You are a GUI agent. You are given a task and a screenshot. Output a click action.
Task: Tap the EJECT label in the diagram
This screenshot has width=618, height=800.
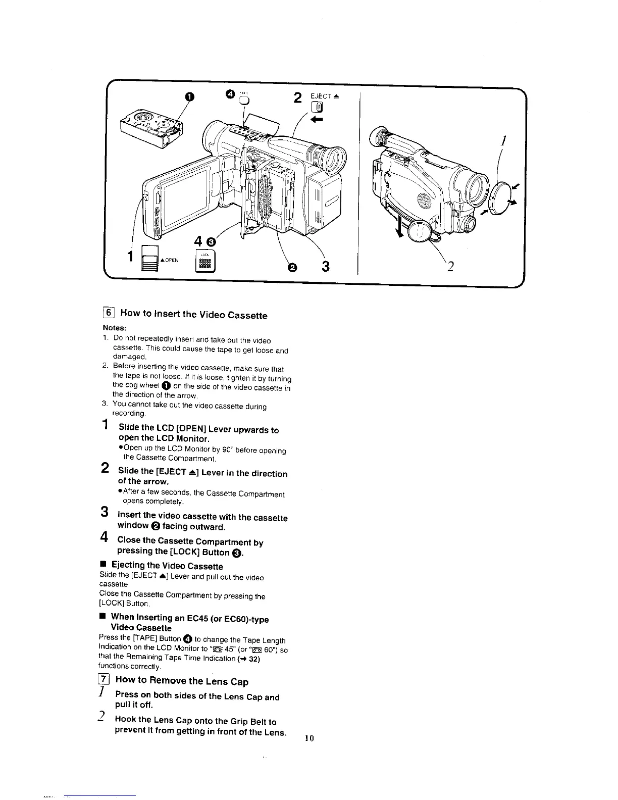[x=320, y=96]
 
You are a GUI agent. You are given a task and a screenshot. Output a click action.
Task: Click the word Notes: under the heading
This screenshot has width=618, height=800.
[x=114, y=327]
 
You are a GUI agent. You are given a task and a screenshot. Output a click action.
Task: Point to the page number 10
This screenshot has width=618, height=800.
[x=310, y=738]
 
